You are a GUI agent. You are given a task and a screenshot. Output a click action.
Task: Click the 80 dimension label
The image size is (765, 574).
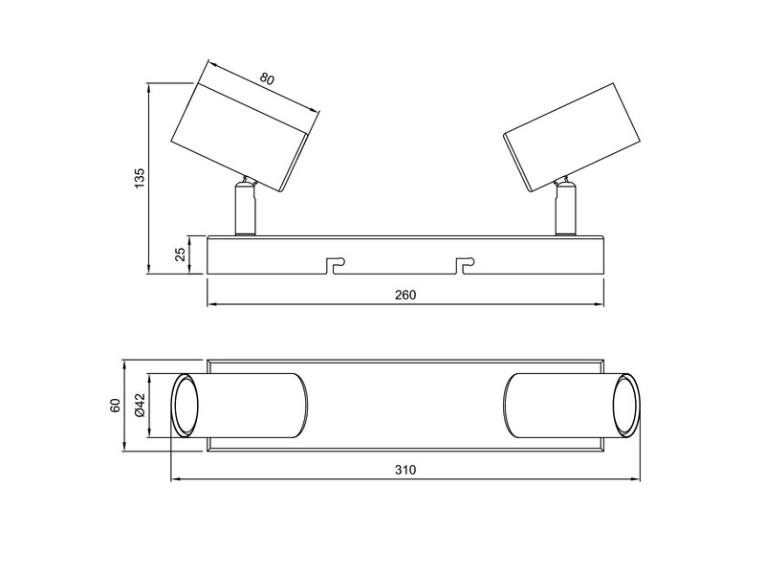tap(267, 80)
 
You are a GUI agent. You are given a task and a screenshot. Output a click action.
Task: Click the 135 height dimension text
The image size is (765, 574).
tap(140, 178)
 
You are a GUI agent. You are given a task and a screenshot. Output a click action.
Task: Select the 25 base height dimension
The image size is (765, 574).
tap(180, 254)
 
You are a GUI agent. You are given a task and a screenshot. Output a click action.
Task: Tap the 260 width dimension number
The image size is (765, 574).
tap(405, 295)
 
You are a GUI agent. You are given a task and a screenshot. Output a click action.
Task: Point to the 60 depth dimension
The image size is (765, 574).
tap(116, 406)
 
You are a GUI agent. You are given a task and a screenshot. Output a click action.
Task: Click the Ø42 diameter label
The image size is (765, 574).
tap(140, 406)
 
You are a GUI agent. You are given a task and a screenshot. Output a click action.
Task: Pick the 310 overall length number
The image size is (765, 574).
tap(405, 470)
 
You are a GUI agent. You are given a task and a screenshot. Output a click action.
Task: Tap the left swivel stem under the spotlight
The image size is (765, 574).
tap(246, 208)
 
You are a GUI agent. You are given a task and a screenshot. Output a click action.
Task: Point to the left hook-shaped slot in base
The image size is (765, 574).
tap(335, 263)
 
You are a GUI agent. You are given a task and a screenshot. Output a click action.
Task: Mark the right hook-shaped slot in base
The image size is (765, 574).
tap(466, 263)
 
